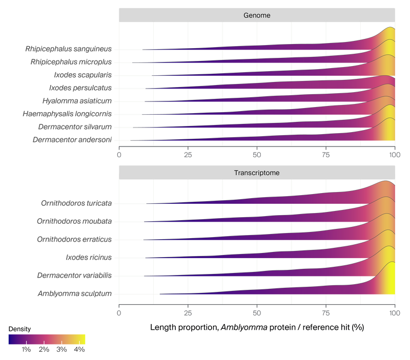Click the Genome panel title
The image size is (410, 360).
coord(257,15)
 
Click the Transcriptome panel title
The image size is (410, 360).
coord(257,173)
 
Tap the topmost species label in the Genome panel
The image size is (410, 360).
coord(68,49)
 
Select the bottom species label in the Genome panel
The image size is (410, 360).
coord(72,139)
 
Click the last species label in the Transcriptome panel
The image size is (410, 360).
coord(74,293)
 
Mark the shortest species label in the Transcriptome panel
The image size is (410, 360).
coord(89,257)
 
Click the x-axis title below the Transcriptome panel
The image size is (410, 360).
coord(257,326)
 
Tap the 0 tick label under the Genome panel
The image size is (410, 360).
coord(119,154)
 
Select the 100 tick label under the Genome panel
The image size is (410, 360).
coord(394,154)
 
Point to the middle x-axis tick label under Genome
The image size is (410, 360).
coord(257,154)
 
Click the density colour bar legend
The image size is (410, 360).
coord(47,340)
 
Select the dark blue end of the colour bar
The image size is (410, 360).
coord(10,340)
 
